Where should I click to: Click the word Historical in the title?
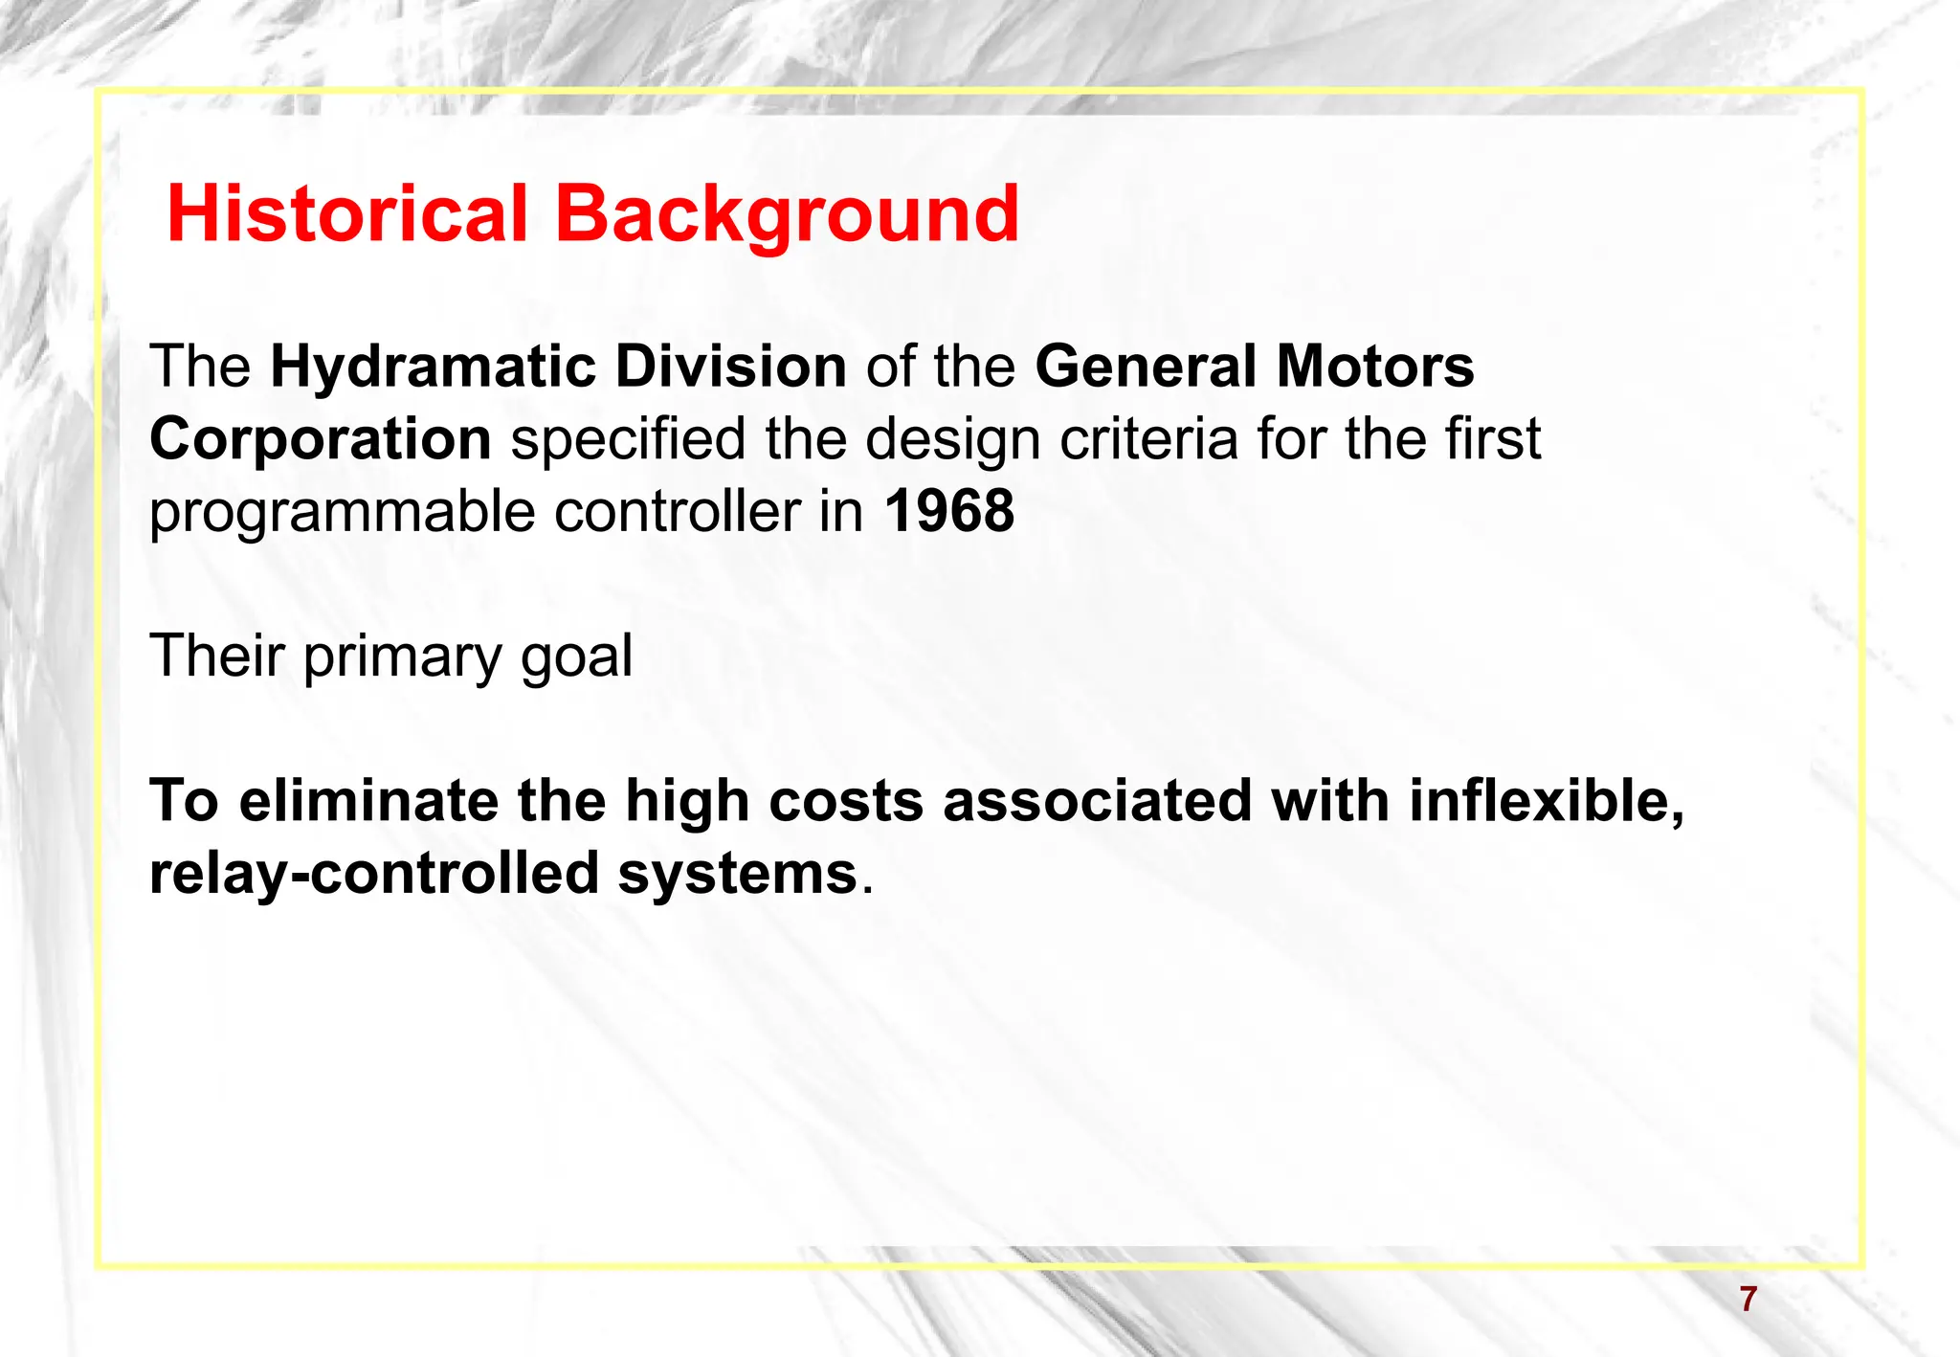coord(347,213)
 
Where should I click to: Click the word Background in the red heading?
coord(787,213)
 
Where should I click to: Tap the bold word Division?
coord(730,367)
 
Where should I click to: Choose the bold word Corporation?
coord(321,439)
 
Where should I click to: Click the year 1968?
coord(948,511)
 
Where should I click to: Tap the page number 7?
coord(1748,1299)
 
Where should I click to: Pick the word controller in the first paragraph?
coord(677,511)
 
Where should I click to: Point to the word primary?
coord(402,657)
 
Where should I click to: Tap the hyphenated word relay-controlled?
coord(374,874)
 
